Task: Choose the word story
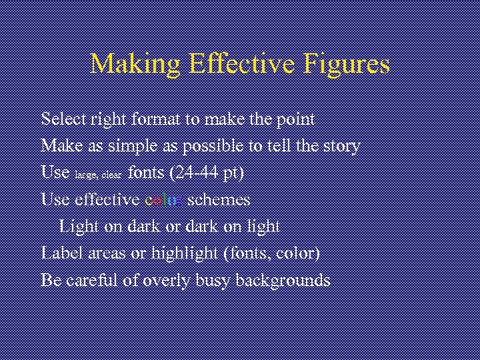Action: pyautogui.click(x=341, y=146)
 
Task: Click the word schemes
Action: pyautogui.click(x=219, y=199)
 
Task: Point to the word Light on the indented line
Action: pyautogui.click(x=79, y=227)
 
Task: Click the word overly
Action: pyautogui.click(x=167, y=281)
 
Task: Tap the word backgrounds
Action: pyautogui.click(x=284, y=281)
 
